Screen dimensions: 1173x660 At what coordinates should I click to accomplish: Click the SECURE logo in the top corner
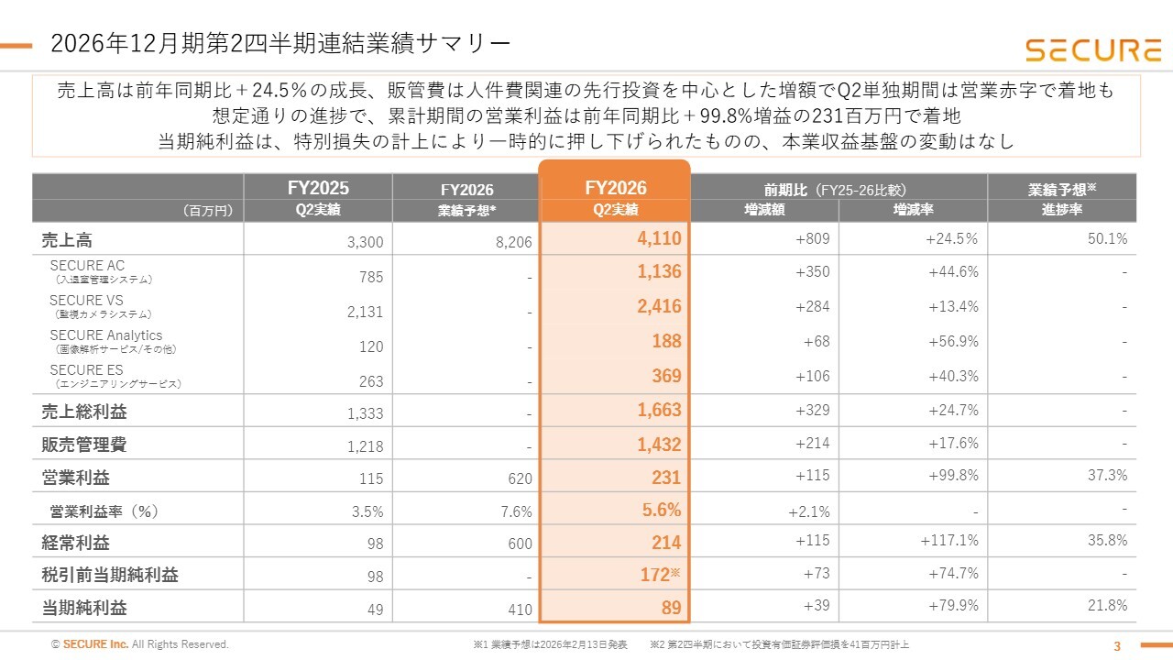click(x=1093, y=50)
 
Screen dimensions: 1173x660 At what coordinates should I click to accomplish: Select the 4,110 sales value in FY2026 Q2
click(x=659, y=239)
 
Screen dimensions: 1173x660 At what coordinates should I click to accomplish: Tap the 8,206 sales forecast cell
click(x=513, y=241)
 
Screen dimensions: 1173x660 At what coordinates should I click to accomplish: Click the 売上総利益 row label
click(x=83, y=412)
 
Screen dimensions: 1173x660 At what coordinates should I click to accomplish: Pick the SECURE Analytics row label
click(x=105, y=335)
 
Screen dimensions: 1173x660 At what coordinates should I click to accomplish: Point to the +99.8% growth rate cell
click(x=953, y=475)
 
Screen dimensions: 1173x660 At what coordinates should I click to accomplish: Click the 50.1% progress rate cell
click(x=1107, y=239)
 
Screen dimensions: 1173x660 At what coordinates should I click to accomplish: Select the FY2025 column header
click(x=318, y=188)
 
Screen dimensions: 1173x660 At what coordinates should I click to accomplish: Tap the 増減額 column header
click(x=764, y=210)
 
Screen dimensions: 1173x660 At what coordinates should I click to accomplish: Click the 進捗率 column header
click(x=1061, y=210)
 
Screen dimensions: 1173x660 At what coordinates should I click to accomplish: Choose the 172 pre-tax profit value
click(x=655, y=575)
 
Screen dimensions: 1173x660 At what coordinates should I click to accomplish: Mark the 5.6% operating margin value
click(x=662, y=510)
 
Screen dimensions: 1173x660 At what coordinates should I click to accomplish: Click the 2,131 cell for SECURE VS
click(x=365, y=312)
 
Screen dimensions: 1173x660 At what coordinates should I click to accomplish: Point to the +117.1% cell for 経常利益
click(x=949, y=540)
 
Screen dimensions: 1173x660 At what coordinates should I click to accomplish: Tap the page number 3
click(x=1116, y=646)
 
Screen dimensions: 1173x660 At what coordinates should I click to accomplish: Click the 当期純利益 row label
click(x=83, y=608)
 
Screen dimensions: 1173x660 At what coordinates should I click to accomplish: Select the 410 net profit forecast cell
click(x=520, y=610)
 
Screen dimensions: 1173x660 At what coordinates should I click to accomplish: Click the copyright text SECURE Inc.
click(x=95, y=643)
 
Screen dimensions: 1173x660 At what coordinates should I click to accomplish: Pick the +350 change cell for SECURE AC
click(x=812, y=271)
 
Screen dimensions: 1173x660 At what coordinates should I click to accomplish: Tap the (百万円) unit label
click(x=207, y=211)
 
